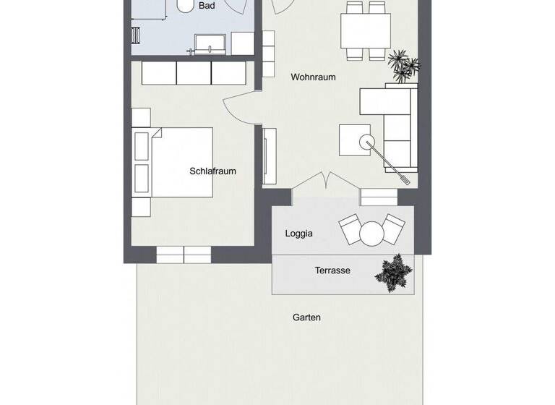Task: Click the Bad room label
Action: point(207,5)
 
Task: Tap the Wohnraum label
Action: point(313,77)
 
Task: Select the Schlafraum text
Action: point(213,171)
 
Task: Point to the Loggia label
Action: point(299,234)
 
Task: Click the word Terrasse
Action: point(332,271)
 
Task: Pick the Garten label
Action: point(306,317)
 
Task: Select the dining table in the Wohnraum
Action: point(366,30)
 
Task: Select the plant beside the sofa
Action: point(402,66)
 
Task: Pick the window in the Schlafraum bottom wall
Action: point(184,254)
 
